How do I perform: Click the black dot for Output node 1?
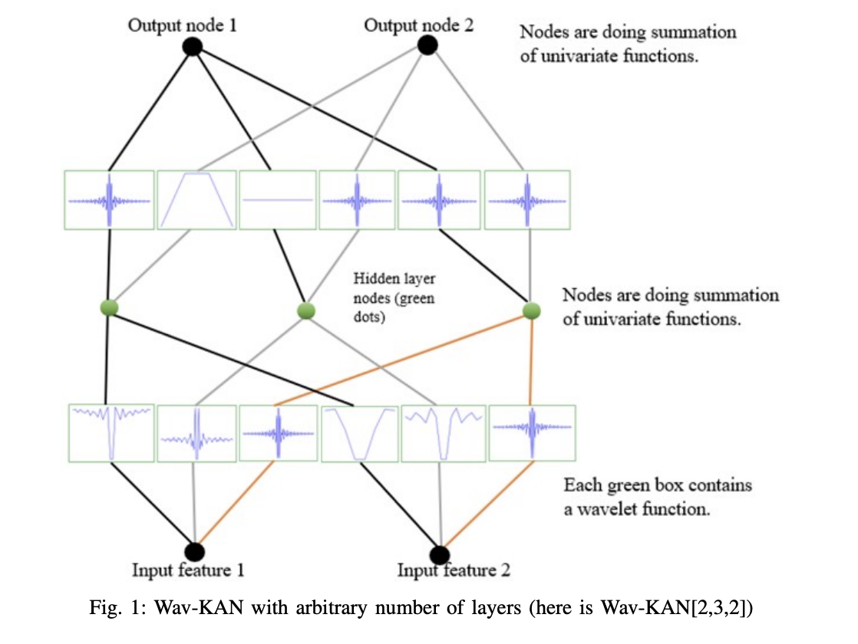pyautogui.click(x=192, y=48)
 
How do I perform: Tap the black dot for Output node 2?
pyautogui.click(x=427, y=45)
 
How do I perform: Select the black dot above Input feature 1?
pyautogui.click(x=194, y=551)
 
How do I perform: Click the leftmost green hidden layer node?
pyautogui.click(x=110, y=307)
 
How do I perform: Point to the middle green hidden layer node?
pyautogui.click(x=306, y=311)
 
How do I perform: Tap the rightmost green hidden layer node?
pyautogui.click(x=531, y=310)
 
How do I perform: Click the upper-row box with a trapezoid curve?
pyautogui.click(x=196, y=199)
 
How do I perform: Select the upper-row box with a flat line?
pyautogui.click(x=278, y=199)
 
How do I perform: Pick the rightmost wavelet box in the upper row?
pyautogui.click(x=526, y=199)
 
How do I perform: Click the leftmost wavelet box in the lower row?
pyautogui.click(x=111, y=433)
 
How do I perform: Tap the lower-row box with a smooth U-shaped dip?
pyautogui.click(x=360, y=434)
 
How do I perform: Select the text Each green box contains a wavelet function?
pyautogui.click(x=657, y=497)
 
